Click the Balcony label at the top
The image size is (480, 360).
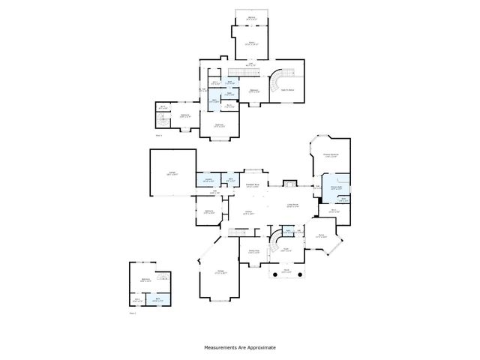coord(251,17)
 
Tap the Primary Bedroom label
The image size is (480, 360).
coord(331,156)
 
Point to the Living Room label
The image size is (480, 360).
coord(292,205)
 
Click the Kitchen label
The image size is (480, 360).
coord(248,213)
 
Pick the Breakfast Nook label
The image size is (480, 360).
coord(253,185)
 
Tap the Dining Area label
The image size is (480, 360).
coord(253,251)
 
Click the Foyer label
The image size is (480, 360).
coord(286,250)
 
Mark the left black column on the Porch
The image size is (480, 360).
coord(274,276)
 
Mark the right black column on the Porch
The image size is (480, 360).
coord(301,276)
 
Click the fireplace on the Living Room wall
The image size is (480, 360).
coord(289,182)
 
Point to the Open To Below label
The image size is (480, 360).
coord(286,89)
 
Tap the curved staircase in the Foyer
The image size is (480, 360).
coord(277,241)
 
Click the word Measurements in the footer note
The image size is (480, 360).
coord(221,348)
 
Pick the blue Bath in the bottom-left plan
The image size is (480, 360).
coord(158,299)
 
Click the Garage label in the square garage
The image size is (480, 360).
coord(172,173)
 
